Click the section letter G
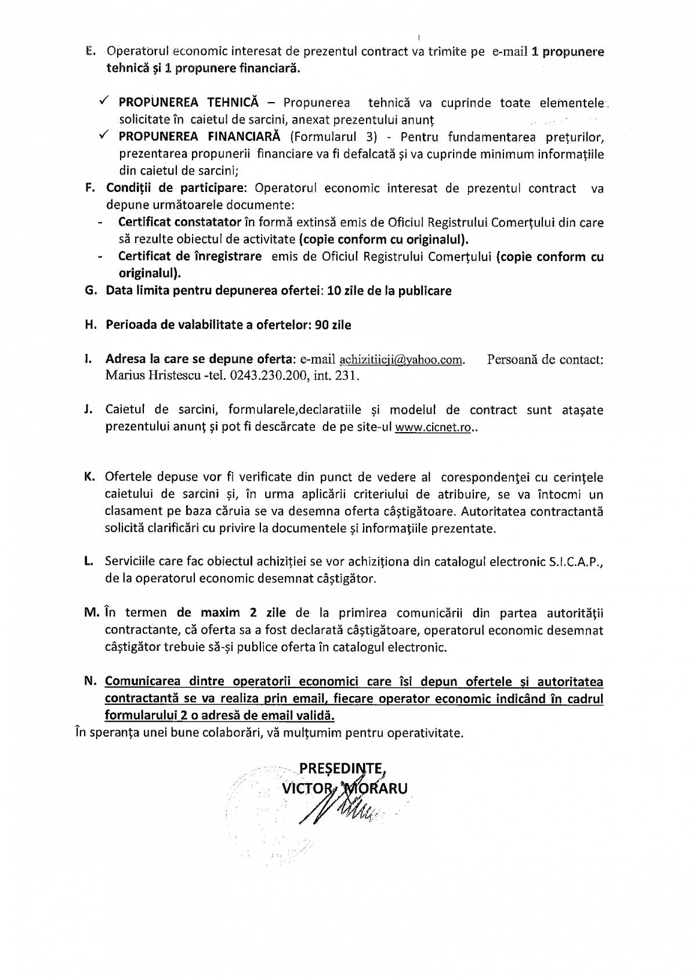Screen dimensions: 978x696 click(90, 291)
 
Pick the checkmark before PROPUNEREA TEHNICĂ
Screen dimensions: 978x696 click(103, 102)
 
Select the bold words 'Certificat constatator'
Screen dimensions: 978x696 click(179, 223)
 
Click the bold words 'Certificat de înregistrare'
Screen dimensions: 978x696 click(190, 256)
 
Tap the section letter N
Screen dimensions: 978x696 click(90, 682)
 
